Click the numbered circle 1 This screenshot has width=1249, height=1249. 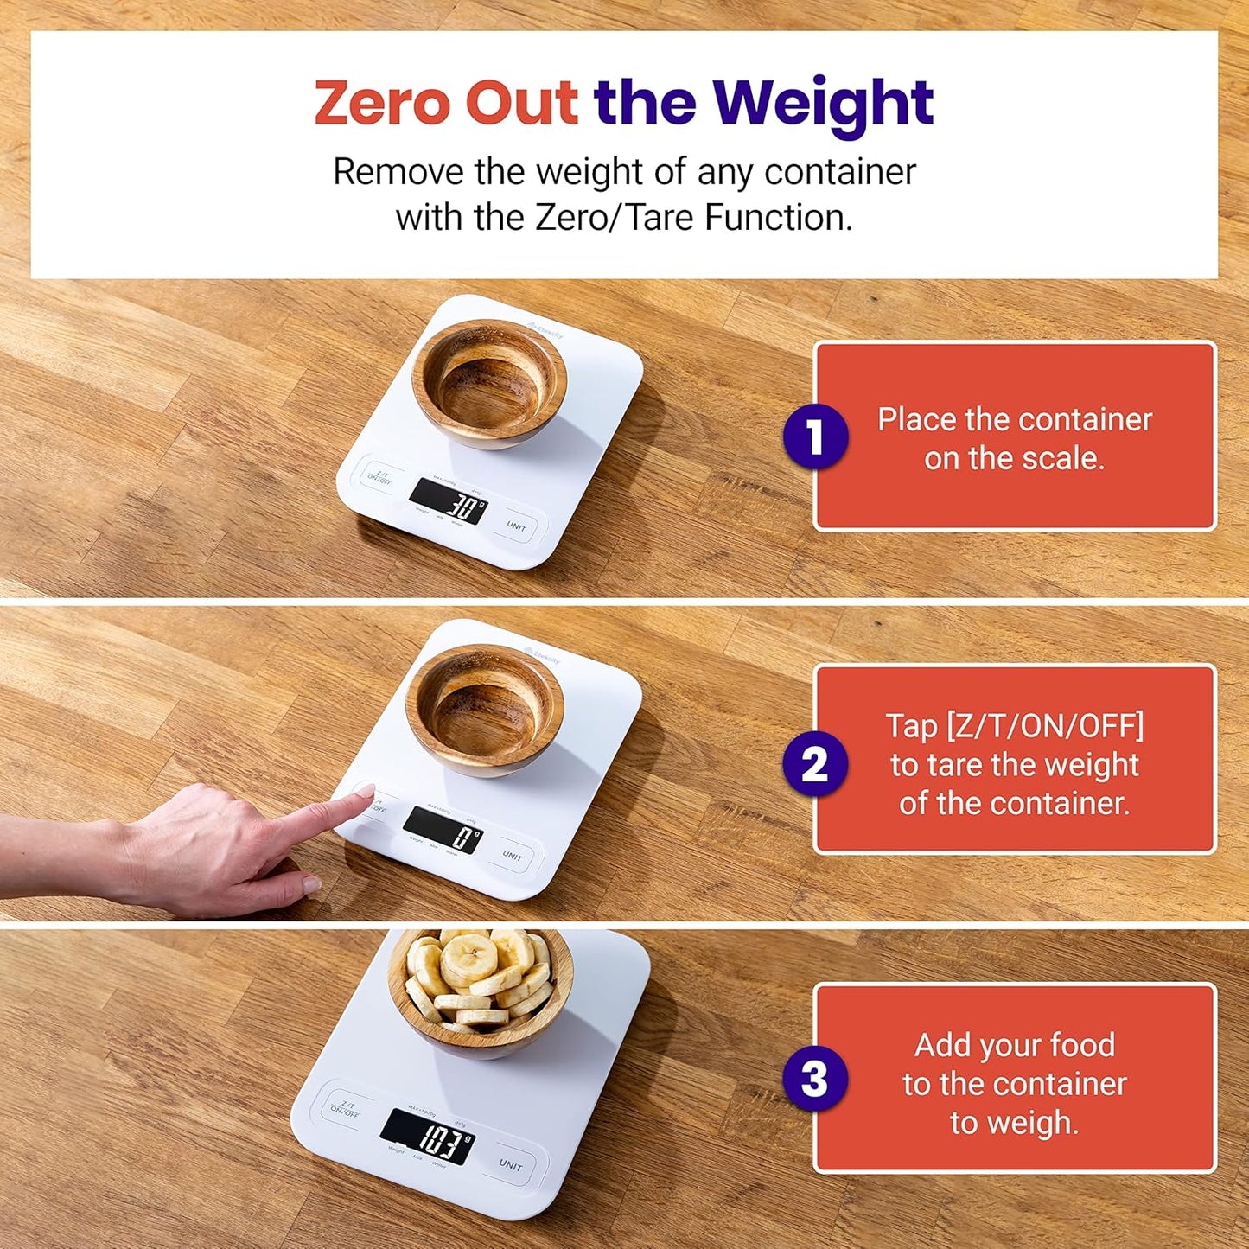814,437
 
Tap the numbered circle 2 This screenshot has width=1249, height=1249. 814,764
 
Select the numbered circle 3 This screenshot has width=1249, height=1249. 814,1078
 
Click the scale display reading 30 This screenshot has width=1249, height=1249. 448,501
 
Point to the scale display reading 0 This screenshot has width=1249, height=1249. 443,831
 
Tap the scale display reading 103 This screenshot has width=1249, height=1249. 428,1136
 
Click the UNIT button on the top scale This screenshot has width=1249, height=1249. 516,526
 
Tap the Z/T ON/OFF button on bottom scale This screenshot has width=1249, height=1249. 345,1109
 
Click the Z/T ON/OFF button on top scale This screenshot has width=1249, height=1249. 379,476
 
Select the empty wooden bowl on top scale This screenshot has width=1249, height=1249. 489,383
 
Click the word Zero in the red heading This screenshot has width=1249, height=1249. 382,103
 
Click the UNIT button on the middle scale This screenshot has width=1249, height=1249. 513,856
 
